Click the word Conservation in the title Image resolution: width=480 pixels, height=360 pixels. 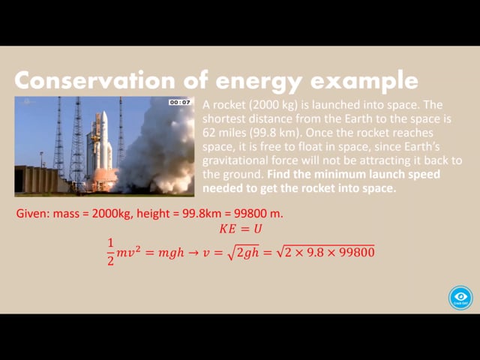[94, 80]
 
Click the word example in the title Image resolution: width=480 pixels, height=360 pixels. [364, 81]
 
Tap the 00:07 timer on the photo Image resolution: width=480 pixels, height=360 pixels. [180, 102]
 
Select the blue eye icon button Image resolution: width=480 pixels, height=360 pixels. [460, 298]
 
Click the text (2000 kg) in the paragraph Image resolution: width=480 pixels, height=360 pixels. [273, 105]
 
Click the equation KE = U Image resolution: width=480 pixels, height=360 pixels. [241, 229]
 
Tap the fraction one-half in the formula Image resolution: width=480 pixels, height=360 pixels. [110, 252]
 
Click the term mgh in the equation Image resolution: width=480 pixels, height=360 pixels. [171, 253]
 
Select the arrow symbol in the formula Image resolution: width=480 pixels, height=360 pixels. [193, 253]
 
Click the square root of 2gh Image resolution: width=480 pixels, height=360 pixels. [243, 253]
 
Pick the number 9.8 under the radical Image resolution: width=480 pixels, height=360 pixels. [315, 253]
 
